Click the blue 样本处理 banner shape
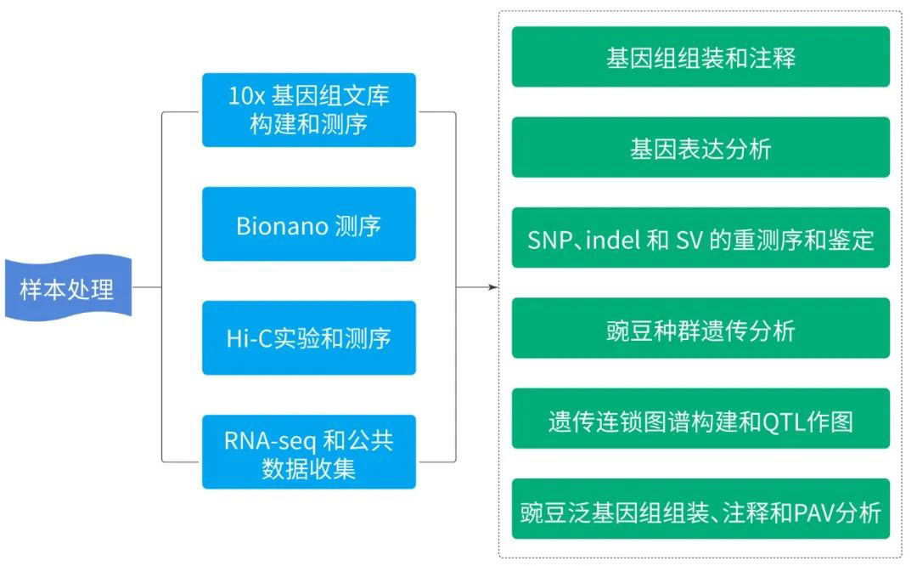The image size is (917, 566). [69, 288]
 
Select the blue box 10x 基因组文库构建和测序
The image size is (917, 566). [309, 110]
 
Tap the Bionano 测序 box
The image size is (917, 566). [309, 224]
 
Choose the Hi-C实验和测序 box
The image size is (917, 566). [309, 337]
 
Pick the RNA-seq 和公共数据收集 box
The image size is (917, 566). [309, 452]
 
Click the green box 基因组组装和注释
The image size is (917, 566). [700, 57]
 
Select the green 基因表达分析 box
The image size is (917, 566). [700, 147]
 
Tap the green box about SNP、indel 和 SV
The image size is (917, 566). [700, 238]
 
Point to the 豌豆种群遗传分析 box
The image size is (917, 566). [700, 328]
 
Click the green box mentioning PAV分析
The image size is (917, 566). [700, 509]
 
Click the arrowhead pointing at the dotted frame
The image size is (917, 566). [493, 287]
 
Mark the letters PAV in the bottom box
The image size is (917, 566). [814, 512]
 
